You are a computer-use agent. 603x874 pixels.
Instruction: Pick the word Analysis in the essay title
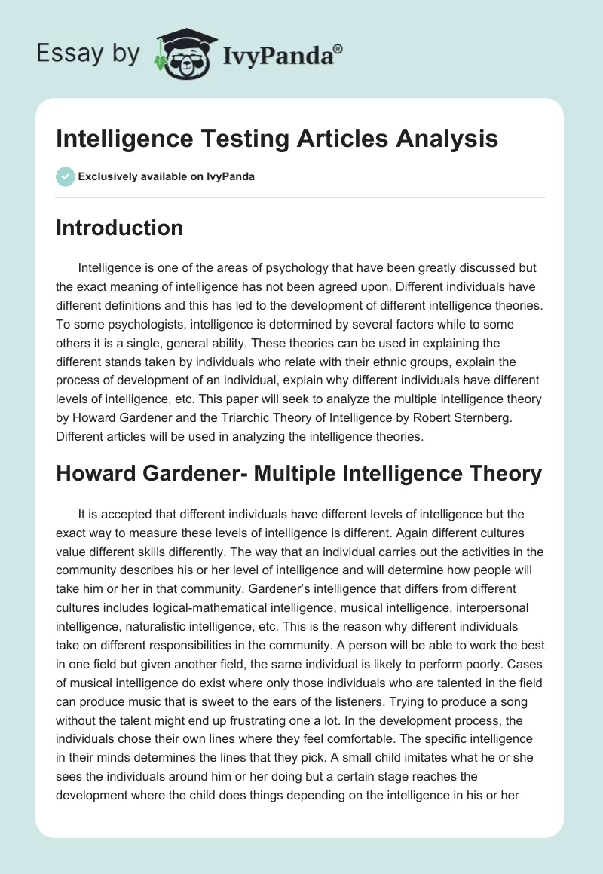pos(450,139)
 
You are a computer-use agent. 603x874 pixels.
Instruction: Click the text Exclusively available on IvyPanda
pos(167,177)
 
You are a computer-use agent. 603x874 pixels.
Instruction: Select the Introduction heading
pos(119,228)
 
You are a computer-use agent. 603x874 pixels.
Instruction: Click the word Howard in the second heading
pos(94,473)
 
